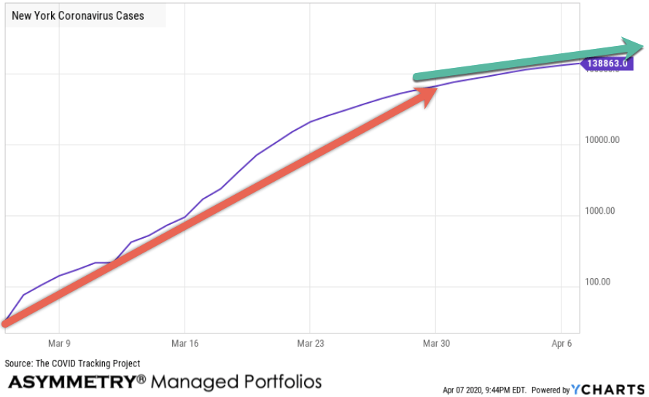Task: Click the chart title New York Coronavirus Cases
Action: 78,15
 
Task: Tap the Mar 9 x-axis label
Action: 59,343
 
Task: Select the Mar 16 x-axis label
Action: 184,343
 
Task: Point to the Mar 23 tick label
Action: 310,343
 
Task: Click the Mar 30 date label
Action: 435,343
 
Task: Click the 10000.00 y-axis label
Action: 602,140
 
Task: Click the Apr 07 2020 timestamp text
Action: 486,390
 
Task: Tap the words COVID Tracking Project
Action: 98,363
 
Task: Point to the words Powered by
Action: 551,390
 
